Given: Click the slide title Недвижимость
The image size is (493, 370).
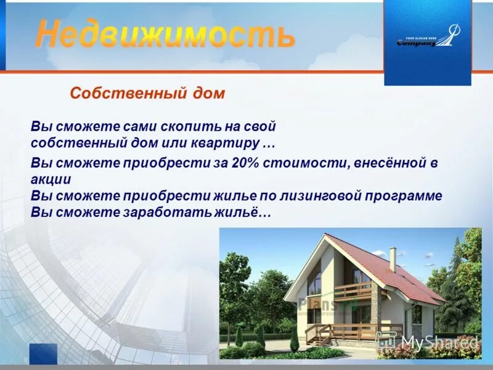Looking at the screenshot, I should click(165, 35).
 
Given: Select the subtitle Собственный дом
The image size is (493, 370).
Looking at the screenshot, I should click(148, 94).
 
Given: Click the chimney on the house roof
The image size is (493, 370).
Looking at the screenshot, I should click(393, 258).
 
